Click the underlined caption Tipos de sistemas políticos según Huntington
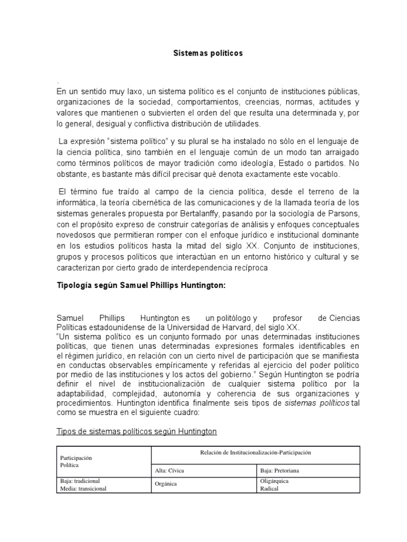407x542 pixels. tap(137, 431)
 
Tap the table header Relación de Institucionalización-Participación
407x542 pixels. tap(256, 453)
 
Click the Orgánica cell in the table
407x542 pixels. tap(166, 484)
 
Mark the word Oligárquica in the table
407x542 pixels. tap(274, 481)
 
